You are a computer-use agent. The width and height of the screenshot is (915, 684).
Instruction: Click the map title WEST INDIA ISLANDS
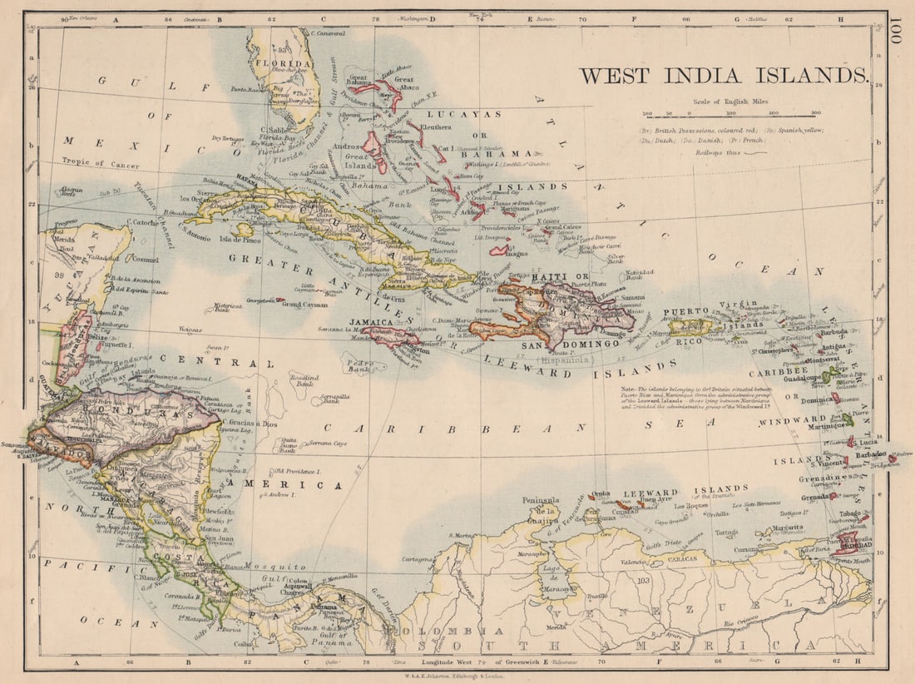(x=724, y=75)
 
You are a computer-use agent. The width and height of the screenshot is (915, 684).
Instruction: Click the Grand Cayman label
(x=305, y=305)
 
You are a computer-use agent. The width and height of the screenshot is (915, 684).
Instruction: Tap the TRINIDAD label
(x=848, y=550)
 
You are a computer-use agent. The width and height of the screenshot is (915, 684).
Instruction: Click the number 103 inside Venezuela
(x=643, y=580)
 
